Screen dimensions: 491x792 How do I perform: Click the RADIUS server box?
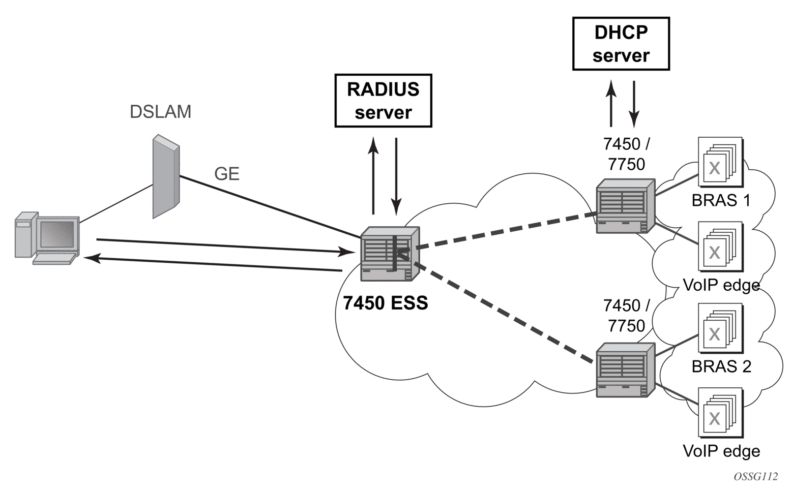[x=383, y=101]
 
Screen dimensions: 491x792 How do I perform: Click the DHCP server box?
[x=621, y=44]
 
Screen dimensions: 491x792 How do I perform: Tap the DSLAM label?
[x=160, y=112]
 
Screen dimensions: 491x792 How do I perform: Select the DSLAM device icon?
[x=166, y=176]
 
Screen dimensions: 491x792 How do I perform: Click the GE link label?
[x=226, y=174]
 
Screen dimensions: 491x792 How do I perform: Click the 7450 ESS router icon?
[x=390, y=254]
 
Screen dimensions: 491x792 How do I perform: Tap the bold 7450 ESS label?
[x=385, y=303]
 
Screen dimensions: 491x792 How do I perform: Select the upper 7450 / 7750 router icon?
[x=625, y=206]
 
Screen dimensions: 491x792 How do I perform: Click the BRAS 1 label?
[x=721, y=200]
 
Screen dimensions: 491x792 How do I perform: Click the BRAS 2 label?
[x=721, y=366]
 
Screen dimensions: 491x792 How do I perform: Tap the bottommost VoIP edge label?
[x=721, y=451]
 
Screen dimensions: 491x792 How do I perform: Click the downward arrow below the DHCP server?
[x=634, y=104]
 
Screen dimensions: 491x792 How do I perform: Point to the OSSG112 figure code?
[x=755, y=477]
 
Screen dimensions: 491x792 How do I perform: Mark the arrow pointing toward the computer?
[x=214, y=264]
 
